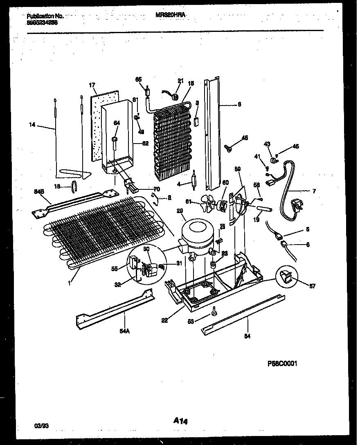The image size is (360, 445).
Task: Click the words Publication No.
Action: point(45,16)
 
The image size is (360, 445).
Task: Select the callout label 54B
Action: point(38,191)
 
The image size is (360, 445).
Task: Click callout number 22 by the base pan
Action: point(164,321)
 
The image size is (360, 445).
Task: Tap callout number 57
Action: point(313,286)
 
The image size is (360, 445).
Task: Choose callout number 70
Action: point(156,189)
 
